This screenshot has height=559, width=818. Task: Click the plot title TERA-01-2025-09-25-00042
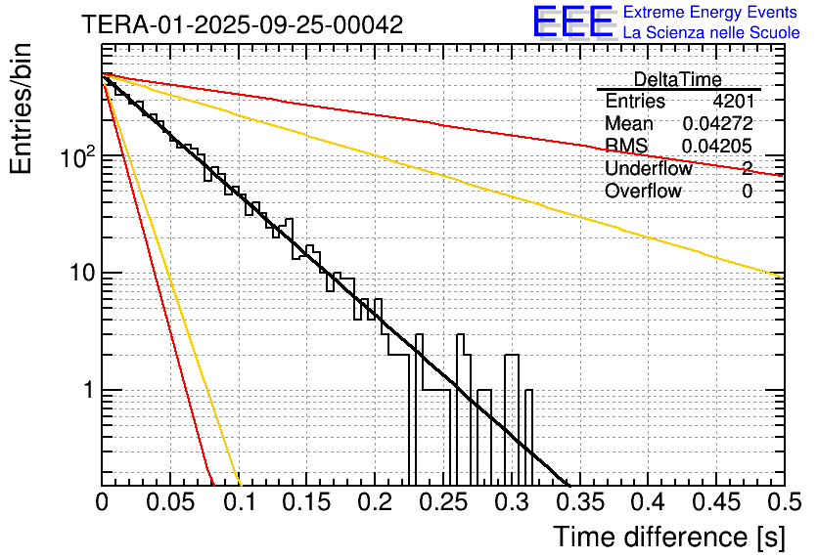point(242,25)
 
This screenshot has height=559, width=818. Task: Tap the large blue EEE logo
point(572,22)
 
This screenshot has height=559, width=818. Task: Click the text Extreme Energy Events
point(712,13)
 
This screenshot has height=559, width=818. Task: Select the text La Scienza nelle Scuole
point(712,33)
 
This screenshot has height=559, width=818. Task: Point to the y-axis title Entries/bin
point(22,108)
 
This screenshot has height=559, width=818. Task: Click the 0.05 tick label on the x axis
point(170,502)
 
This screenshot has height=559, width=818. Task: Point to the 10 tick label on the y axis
point(81,273)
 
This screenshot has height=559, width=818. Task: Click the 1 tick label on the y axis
point(87,390)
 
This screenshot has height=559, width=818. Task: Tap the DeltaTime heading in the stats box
point(678,79)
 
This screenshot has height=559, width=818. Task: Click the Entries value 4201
point(733,101)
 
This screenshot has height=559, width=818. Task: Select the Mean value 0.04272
point(717,123)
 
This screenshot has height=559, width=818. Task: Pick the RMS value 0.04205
point(717,146)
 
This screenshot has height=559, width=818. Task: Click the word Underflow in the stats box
point(649,168)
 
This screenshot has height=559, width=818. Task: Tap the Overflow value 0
point(747,191)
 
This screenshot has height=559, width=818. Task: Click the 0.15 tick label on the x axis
point(306,502)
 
